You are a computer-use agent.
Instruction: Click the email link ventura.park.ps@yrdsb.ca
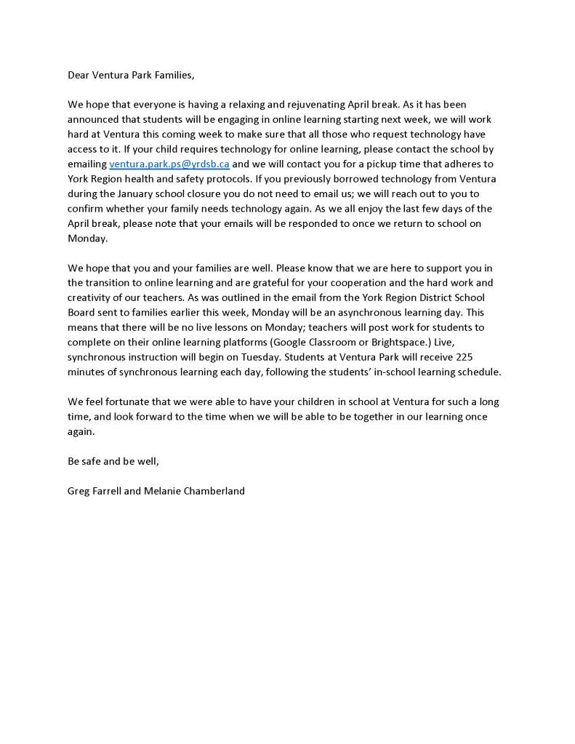coord(169,164)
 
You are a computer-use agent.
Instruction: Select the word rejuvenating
coord(313,105)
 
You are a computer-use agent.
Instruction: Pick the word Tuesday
coord(291,357)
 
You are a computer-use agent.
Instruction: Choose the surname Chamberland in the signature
coord(211,491)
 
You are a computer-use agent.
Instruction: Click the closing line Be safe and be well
coord(113,461)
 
